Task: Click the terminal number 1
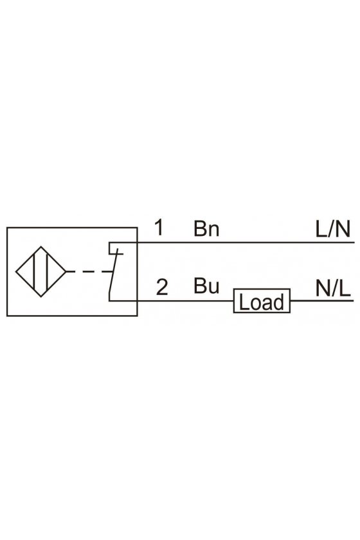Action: tap(159, 228)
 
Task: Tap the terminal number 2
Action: tap(162, 287)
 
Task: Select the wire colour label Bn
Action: tap(206, 228)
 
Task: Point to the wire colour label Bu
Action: tap(206, 286)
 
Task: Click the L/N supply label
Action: tap(333, 229)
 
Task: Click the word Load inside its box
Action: tap(262, 302)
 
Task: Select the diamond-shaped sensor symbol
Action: tap(41, 272)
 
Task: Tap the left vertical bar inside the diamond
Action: tap(35, 272)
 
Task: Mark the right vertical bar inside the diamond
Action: tap(46, 272)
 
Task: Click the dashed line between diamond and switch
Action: tap(89, 272)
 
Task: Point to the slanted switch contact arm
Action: tap(113, 274)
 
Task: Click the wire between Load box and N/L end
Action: tap(322, 301)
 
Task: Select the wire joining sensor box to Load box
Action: tap(185, 301)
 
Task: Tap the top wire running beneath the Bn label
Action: tap(246, 242)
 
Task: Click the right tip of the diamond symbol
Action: tap(66, 272)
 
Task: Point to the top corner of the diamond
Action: tap(41, 247)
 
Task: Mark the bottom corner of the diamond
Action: tap(41, 297)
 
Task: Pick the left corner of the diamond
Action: tap(16, 272)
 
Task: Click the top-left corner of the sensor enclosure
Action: tap(7, 228)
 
